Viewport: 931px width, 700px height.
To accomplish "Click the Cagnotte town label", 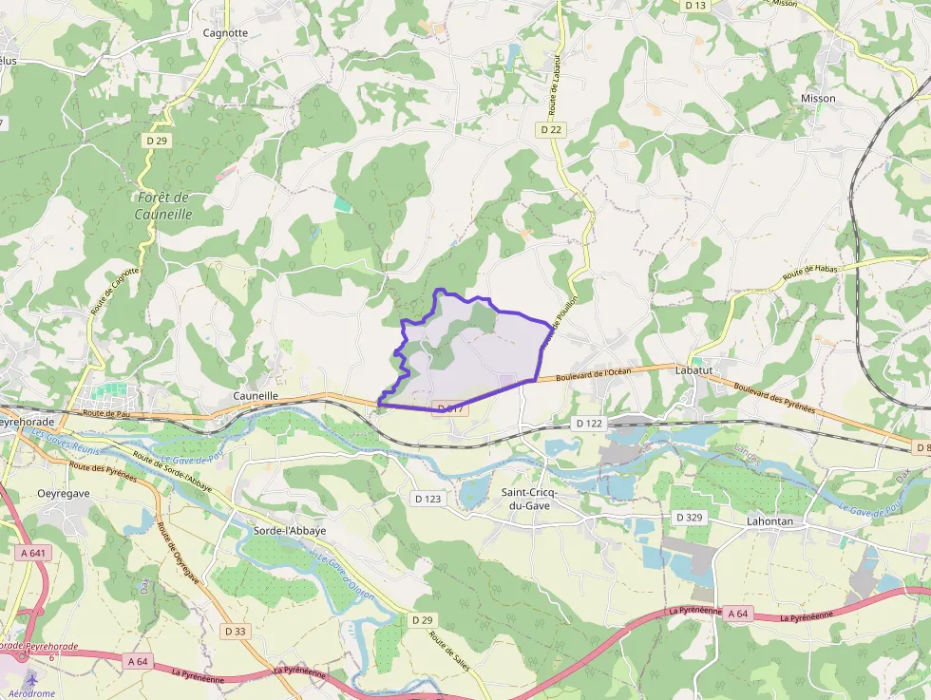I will [x=225, y=32].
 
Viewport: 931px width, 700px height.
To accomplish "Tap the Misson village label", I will [x=818, y=98].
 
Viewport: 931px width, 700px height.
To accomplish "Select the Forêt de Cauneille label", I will [x=163, y=206].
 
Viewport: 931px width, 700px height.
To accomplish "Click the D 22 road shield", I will [x=550, y=129].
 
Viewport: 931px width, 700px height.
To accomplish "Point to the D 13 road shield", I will [x=695, y=5].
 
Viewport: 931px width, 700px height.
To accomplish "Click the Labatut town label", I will [x=694, y=370].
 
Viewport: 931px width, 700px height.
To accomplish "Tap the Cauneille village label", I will [x=256, y=395].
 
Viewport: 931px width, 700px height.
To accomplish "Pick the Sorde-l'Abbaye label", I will [x=290, y=530].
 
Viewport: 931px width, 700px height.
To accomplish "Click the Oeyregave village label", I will [x=63, y=493].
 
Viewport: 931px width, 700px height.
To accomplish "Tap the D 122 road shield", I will [x=589, y=423].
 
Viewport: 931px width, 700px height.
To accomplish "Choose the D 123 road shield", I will [x=428, y=498].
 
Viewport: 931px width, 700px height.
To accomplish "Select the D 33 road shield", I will [x=236, y=631].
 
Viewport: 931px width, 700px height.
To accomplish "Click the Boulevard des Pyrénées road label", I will [x=774, y=394].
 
